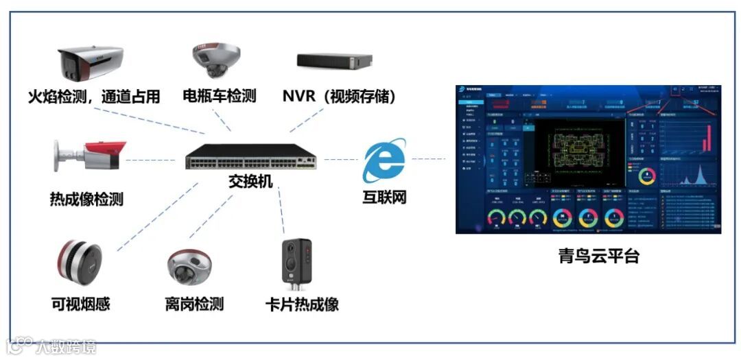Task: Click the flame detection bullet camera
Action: pyautogui.click(x=91, y=64)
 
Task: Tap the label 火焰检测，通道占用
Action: pyautogui.click(x=94, y=96)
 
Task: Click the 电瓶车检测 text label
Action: pyautogui.click(x=219, y=95)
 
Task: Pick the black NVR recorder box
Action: pyautogui.click(x=334, y=60)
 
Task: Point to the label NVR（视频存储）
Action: pyautogui.click(x=340, y=96)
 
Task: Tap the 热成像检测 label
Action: pyautogui.click(x=86, y=200)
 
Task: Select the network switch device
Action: pyautogui.click(x=251, y=158)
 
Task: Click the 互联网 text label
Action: pyautogui.click(x=384, y=197)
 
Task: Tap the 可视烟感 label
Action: pyautogui.click(x=80, y=304)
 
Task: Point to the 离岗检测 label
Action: pyautogui.click(x=194, y=304)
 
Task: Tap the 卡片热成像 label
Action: pyautogui.click(x=302, y=304)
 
